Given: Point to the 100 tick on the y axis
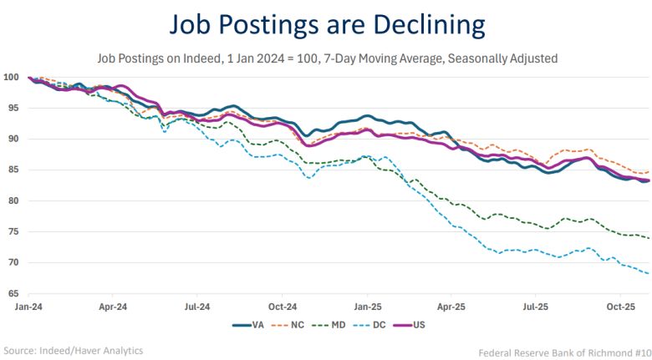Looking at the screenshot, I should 11,77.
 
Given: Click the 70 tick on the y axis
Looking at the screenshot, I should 13,262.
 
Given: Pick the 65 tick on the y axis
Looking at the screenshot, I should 13,293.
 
